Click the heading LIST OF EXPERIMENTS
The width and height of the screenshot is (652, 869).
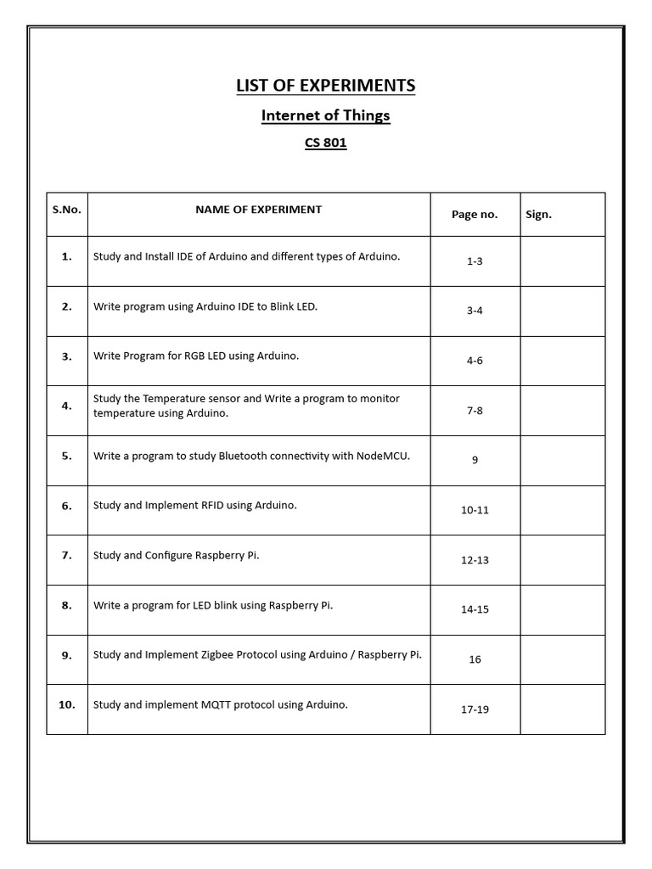tap(325, 86)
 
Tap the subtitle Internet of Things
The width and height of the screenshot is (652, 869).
tap(325, 115)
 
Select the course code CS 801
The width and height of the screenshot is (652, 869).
tap(325, 143)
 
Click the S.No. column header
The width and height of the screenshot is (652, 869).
tap(66, 210)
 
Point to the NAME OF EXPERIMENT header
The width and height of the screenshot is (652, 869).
tap(258, 210)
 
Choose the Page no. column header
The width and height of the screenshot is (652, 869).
tap(475, 215)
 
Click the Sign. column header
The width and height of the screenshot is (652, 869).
tap(538, 215)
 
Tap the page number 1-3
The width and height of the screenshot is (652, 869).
tap(475, 261)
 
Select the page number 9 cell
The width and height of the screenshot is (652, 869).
tap(475, 460)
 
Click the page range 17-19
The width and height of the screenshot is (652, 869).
tap(475, 709)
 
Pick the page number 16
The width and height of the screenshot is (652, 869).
tap(475, 659)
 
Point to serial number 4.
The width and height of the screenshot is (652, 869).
tap(66, 406)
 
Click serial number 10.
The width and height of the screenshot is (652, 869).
tap(66, 704)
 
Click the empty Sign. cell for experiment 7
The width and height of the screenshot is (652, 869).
tap(562, 560)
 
